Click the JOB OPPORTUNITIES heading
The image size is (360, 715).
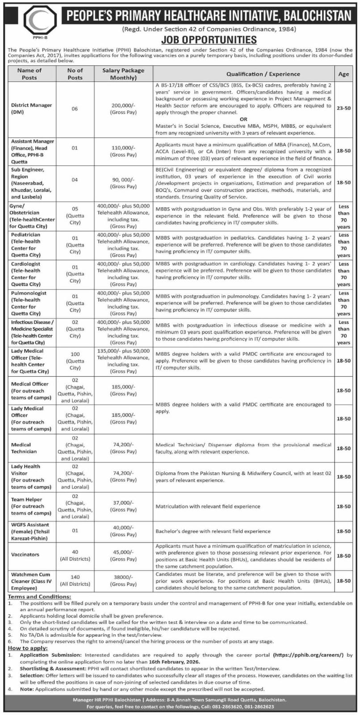point(209,40)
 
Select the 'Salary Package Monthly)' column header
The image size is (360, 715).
point(123,74)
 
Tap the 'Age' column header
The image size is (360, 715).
point(343,74)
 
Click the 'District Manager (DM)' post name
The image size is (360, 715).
point(31,109)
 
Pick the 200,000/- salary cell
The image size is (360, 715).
point(123,109)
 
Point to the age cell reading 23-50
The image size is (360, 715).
point(343,109)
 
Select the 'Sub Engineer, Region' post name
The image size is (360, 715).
point(28,173)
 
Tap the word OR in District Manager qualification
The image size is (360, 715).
point(243,119)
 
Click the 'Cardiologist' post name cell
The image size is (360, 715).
point(26,264)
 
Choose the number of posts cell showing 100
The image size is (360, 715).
point(75,354)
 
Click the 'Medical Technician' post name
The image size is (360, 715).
point(23,448)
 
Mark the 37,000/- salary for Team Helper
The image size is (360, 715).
point(123,506)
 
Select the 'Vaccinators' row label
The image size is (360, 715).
point(25,554)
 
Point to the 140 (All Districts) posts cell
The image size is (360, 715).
point(75,580)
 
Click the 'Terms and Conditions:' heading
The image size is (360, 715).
point(39,597)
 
